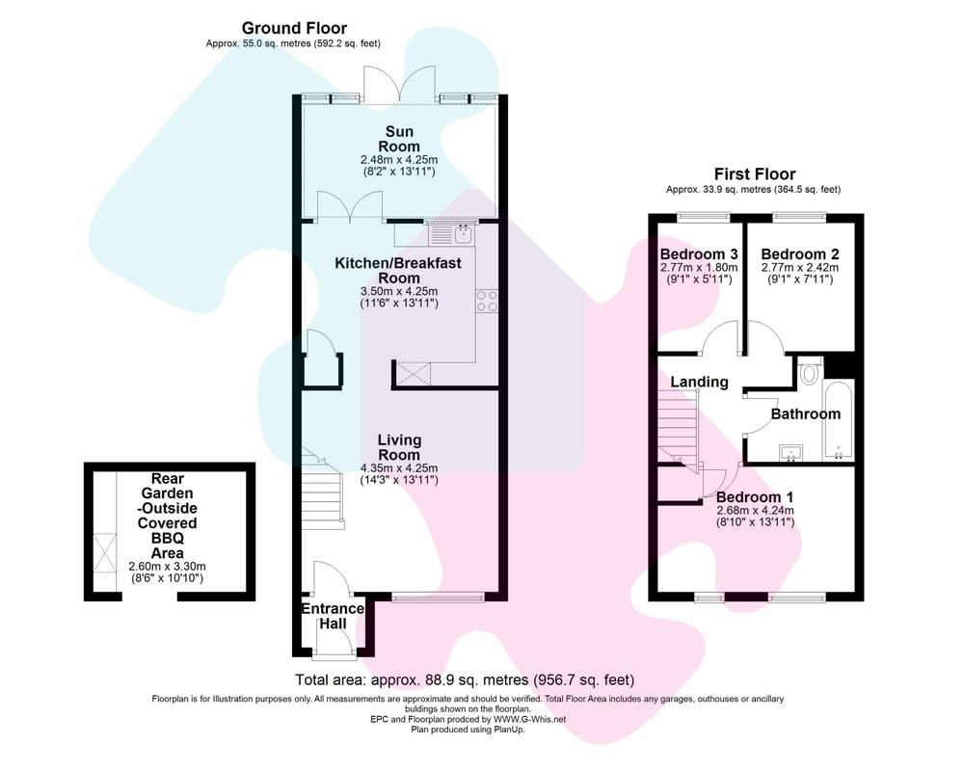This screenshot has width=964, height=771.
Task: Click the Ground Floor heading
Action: point(294,28)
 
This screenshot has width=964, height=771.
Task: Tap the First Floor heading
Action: point(755,174)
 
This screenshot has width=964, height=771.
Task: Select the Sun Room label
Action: point(399,139)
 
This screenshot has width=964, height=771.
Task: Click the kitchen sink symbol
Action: point(464,233)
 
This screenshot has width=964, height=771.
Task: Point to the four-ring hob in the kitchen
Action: point(487,301)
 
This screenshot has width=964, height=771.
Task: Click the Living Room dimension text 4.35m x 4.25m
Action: point(399,467)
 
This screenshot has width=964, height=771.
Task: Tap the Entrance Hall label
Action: point(332,616)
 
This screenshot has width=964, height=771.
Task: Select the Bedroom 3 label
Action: point(699,253)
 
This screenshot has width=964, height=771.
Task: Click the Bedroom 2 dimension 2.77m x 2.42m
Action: point(800,268)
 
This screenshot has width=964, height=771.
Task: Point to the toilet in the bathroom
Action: point(810,373)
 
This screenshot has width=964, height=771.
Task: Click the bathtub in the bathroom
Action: point(838,421)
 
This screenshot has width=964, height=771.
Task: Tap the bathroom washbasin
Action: point(790,453)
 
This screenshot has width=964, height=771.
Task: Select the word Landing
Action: point(699,383)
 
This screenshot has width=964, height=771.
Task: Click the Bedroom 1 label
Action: point(755,497)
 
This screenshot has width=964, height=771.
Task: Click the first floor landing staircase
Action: point(679,431)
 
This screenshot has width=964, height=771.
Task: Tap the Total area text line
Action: point(465,680)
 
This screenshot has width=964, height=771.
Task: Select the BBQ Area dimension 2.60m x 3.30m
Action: point(167,567)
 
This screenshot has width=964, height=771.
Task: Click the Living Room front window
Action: point(438,597)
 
